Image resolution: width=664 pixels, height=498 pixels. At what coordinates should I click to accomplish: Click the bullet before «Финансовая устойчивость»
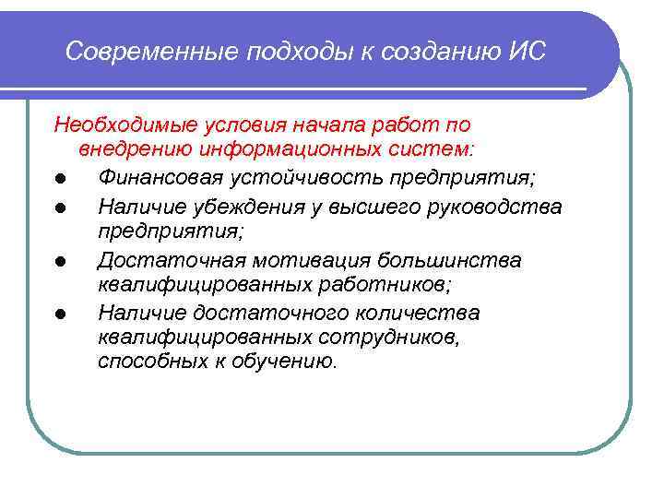tap(59, 178)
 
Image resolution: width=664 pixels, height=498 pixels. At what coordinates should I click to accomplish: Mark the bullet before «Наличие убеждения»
tap(59, 207)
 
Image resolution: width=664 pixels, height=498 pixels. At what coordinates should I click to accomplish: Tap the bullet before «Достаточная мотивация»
tap(59, 262)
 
